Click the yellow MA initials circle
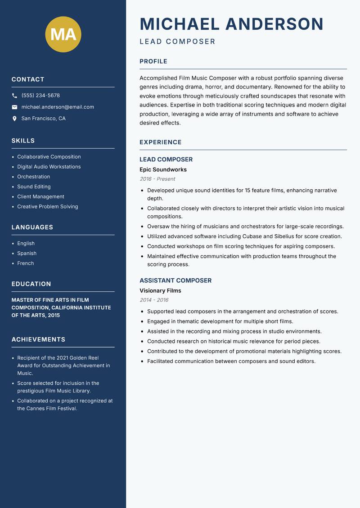click(x=63, y=34)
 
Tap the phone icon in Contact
click(x=14, y=96)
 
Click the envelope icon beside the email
click(x=14, y=107)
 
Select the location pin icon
click(x=14, y=119)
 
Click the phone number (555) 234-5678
click(x=40, y=95)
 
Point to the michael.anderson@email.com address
click(x=58, y=107)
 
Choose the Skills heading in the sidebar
click(x=23, y=141)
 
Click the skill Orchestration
click(x=34, y=177)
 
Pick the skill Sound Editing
click(x=34, y=187)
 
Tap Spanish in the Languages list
click(x=27, y=253)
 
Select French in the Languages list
click(x=26, y=263)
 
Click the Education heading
click(x=31, y=284)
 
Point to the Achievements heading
click(x=38, y=339)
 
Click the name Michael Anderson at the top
click(x=232, y=24)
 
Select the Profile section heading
click(x=153, y=62)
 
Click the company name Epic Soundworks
click(x=163, y=169)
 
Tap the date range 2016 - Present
click(x=157, y=179)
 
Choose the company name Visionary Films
click(x=160, y=290)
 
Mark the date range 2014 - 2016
click(x=154, y=300)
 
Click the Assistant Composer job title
click(x=175, y=281)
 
